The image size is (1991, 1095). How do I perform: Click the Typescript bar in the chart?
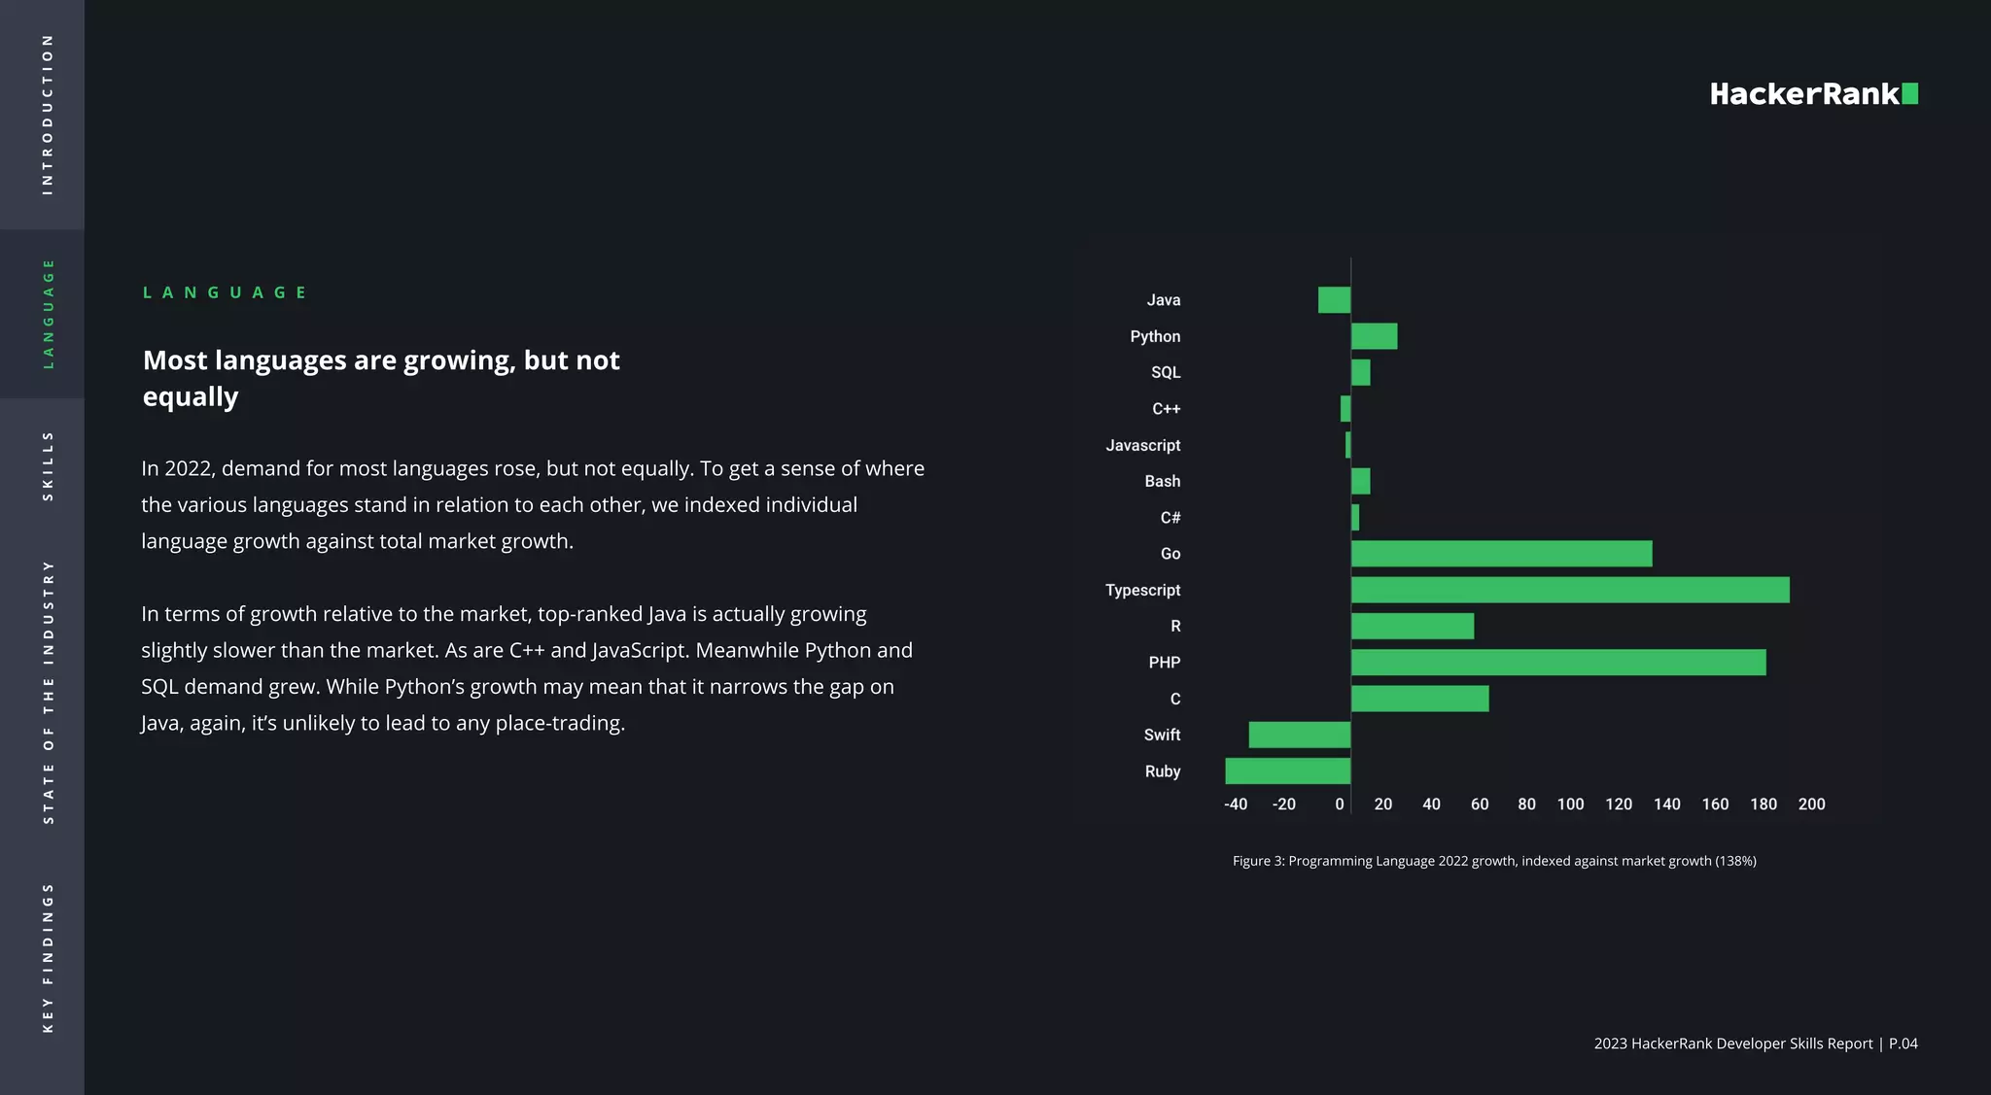click(x=1569, y=590)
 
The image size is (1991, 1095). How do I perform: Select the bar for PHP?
click(x=1557, y=663)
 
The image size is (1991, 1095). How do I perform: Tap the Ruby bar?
click(x=1287, y=771)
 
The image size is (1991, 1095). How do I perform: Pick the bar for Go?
click(x=1501, y=554)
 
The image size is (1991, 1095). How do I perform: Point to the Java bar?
click(x=1334, y=300)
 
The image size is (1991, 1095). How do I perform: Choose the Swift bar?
click(x=1299, y=736)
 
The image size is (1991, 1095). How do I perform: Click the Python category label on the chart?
click(x=1155, y=336)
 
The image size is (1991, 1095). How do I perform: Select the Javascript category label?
click(x=1142, y=445)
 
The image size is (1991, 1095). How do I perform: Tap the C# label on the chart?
click(x=1170, y=518)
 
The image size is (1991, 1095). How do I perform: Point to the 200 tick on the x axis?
click(x=1811, y=804)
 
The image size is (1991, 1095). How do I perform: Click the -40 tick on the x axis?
click(x=1235, y=804)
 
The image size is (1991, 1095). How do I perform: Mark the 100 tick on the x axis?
click(x=1570, y=804)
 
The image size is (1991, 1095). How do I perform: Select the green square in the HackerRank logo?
click(x=1909, y=93)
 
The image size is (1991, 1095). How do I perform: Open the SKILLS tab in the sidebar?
click(x=48, y=466)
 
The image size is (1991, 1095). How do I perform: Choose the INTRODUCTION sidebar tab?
click(x=48, y=115)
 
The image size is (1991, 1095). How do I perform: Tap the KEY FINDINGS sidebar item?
click(x=48, y=957)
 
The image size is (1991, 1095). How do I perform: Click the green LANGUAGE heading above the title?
click(x=225, y=292)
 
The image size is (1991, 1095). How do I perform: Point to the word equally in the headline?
click(x=191, y=397)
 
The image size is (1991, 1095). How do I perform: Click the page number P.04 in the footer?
click(x=1903, y=1044)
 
